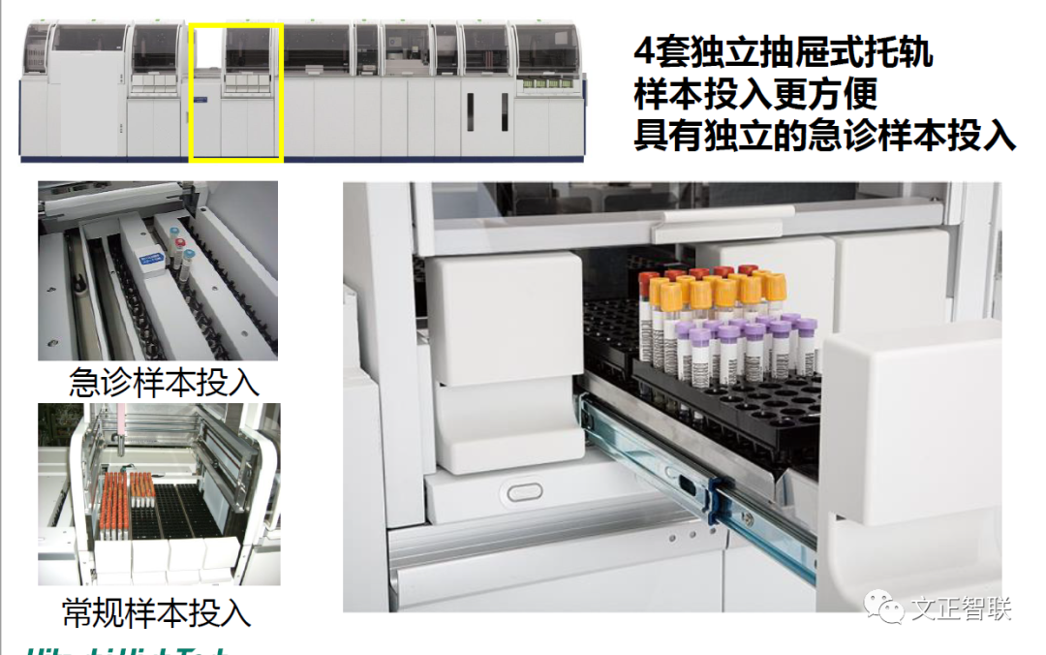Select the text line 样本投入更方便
pyautogui.click(x=755, y=93)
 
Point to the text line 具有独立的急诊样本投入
pyautogui.click(x=824, y=135)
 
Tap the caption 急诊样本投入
pyautogui.click(x=164, y=382)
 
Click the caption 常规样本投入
pyautogui.click(x=156, y=611)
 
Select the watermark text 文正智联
pyautogui.click(x=961, y=608)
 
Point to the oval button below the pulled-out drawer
pyautogui.click(x=522, y=491)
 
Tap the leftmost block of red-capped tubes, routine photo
pyautogui.click(x=114, y=504)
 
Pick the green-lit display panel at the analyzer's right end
pyautogui.click(x=547, y=86)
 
